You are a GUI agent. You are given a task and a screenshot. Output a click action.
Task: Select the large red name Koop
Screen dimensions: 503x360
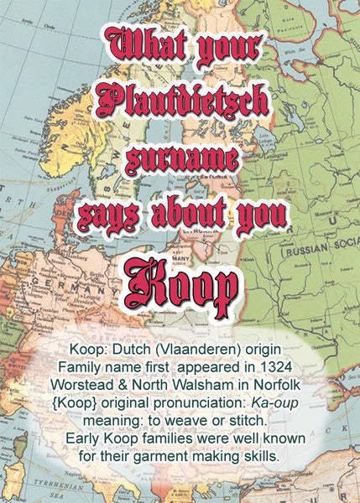click(180, 286)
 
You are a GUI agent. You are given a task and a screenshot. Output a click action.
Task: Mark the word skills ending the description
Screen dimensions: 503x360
click(259, 457)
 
